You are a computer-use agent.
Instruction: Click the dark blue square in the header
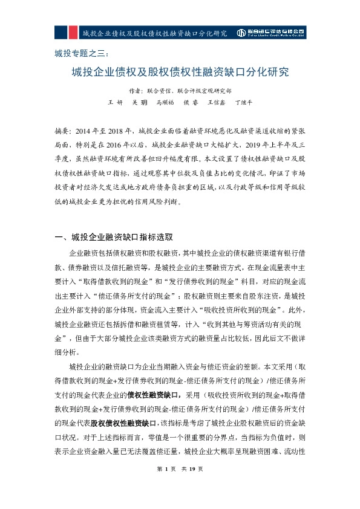(61, 32)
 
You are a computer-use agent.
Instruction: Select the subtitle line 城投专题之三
(80, 53)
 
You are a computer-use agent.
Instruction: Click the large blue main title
(180, 73)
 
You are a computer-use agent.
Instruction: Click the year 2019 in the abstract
(246, 144)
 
